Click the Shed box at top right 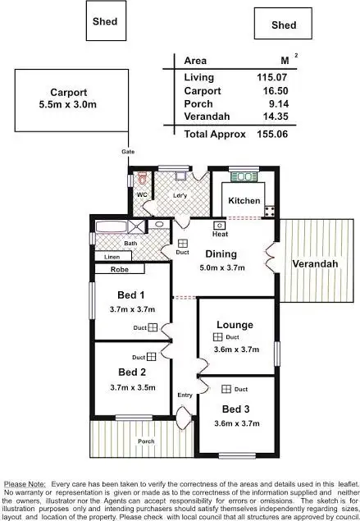point(284,24)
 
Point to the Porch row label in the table point(198,103)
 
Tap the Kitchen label point(244,201)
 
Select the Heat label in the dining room point(220,234)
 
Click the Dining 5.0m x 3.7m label point(221,261)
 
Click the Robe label point(121,268)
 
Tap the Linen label point(112,257)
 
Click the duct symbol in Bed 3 point(226,389)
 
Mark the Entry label point(185,395)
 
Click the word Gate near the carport point(128,152)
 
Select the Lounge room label point(235,325)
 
